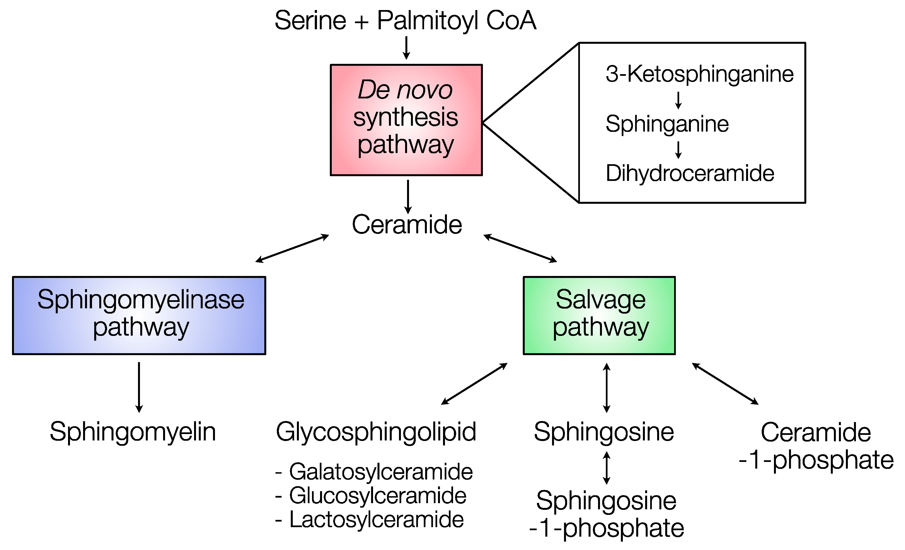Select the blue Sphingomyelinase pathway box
tap(139, 315)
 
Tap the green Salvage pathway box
tap(599, 315)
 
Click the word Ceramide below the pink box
tap(406, 225)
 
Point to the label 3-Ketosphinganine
tap(699, 74)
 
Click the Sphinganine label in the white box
tap(667, 124)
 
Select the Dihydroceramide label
tap(690, 173)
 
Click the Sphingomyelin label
tap(133, 432)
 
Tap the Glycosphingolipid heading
tap(376, 432)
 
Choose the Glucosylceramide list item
tap(377, 496)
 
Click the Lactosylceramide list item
tap(376, 520)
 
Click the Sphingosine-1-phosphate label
tap(606, 514)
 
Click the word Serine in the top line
tap(310, 21)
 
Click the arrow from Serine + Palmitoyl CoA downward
tap(406, 48)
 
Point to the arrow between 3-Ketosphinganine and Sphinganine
tap(678, 100)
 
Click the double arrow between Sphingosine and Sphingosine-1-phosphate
tap(607, 467)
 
